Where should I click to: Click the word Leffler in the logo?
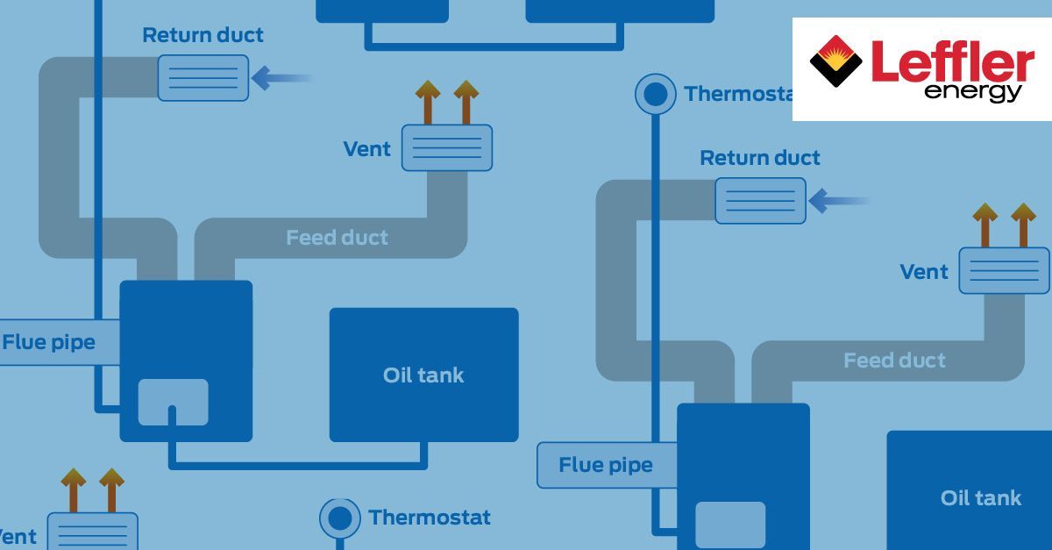click(x=952, y=63)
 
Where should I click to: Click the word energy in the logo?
click(x=972, y=91)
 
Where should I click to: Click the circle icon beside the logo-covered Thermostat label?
click(x=655, y=93)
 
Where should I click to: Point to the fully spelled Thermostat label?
click(x=430, y=518)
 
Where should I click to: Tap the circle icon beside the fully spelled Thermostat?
click(x=340, y=518)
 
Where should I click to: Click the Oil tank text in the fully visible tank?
click(x=423, y=375)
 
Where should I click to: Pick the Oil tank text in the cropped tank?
click(x=981, y=498)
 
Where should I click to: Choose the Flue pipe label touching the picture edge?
click(x=49, y=342)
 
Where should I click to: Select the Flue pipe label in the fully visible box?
click(x=606, y=465)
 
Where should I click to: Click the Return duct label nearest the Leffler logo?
click(x=760, y=159)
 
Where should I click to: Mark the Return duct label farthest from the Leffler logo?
click(x=203, y=36)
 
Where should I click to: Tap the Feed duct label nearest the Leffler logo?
click(x=894, y=361)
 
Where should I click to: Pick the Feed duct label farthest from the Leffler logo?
click(x=337, y=238)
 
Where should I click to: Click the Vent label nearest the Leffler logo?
click(x=924, y=272)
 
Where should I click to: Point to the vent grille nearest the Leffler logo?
click(x=1004, y=270)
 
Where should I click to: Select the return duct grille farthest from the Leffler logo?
click(x=203, y=77)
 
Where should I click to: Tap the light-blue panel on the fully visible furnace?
click(x=173, y=403)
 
